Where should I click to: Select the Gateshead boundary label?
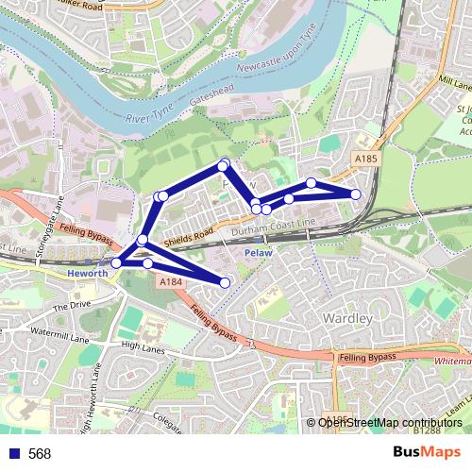(x=210, y=97)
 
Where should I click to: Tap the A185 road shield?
(x=367, y=159)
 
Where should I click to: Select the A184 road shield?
(x=170, y=281)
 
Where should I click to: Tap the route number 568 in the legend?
(x=39, y=454)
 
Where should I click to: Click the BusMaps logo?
(x=427, y=452)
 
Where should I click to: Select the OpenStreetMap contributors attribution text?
(x=390, y=423)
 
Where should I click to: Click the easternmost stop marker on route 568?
(x=356, y=194)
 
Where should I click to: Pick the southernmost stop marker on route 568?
(x=225, y=282)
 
